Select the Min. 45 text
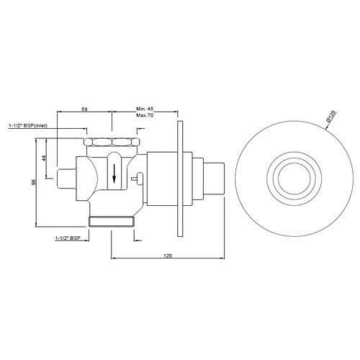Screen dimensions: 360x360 (145, 108)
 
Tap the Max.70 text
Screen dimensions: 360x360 (145, 115)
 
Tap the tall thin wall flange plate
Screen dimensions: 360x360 (177, 179)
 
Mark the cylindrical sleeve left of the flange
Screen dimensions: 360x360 (159, 179)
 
